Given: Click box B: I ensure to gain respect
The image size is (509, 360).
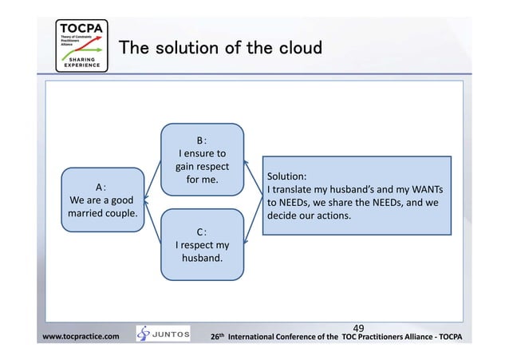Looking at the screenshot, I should [x=203, y=159].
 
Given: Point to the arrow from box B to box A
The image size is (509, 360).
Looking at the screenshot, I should [x=154, y=168].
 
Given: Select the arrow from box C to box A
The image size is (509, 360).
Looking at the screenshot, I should [x=154, y=224].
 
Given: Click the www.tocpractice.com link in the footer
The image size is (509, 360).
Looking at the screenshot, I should [x=81, y=337].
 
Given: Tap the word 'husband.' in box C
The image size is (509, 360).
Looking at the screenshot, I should [x=203, y=259].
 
